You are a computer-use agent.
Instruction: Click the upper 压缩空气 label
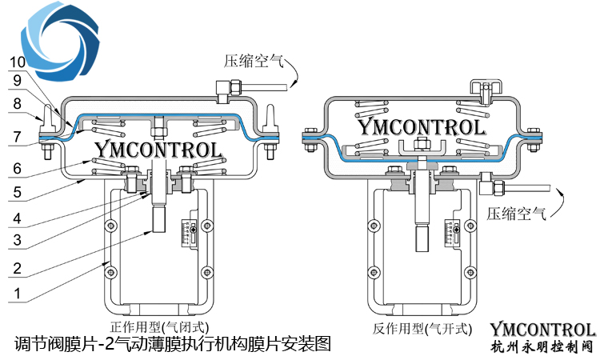tap(250, 62)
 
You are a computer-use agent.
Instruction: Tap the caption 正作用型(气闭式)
tap(159, 326)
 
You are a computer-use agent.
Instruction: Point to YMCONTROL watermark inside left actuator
tap(158, 149)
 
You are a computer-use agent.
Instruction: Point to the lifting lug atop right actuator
tap(484, 90)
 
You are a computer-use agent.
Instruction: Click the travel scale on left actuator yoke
tap(191, 233)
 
